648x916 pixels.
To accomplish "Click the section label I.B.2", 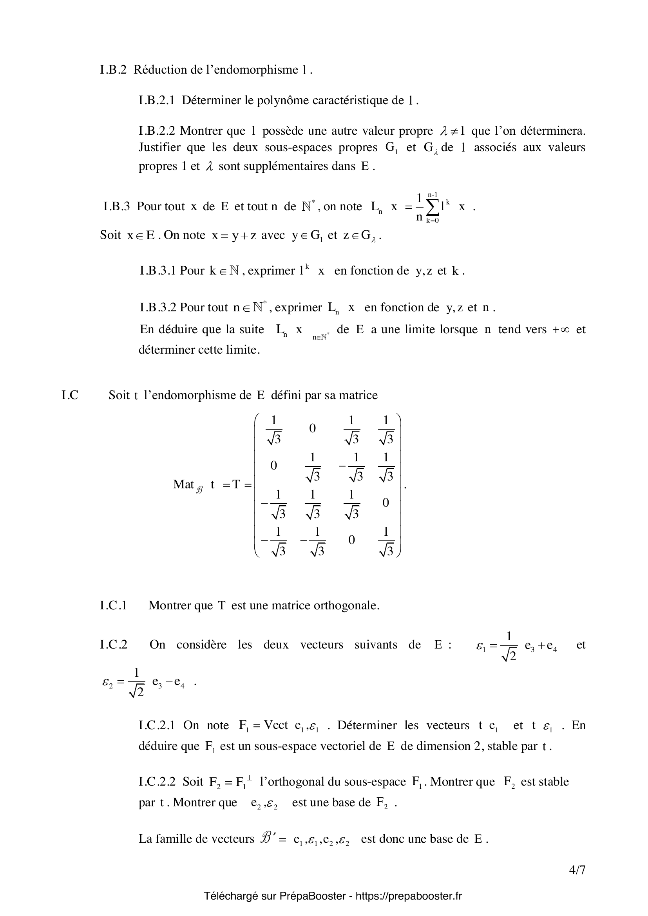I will tap(113, 70).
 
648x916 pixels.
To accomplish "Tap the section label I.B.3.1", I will tap(157, 271).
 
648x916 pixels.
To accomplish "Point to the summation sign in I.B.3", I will tap(432, 206).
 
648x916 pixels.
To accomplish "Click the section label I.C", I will tap(70, 395).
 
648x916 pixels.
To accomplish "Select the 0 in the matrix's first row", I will tap(312, 428).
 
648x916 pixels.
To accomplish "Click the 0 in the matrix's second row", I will tap(274, 466).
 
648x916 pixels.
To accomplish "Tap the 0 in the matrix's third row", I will tap(386, 503).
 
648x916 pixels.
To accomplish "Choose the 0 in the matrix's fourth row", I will tap(351, 540).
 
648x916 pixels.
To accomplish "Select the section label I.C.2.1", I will tap(157, 725).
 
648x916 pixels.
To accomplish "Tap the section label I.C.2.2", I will tap(157, 782).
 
